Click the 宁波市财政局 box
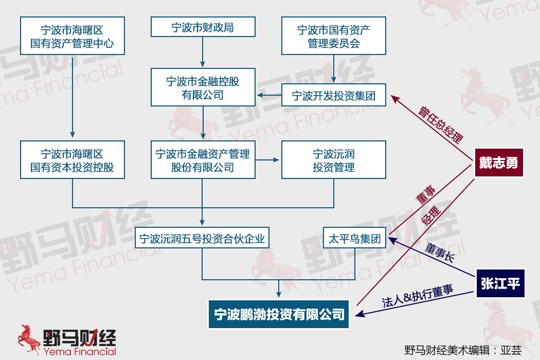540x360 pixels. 203,27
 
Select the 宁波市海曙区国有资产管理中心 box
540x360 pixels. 73,36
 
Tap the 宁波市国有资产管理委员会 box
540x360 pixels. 333,36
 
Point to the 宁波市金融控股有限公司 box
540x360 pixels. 203,87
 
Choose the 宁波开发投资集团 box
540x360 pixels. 333,95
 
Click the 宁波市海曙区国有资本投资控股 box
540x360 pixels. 73,160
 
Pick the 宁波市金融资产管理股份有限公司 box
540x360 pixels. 203,160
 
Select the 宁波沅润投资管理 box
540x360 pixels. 333,160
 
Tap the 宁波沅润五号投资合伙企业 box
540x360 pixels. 202,238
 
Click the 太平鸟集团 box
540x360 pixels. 355,238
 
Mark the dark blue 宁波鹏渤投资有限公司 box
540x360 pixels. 279,314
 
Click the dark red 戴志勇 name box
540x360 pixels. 499,163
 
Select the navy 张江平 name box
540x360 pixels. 500,283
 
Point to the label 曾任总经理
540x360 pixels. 441,124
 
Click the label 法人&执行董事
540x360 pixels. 418,296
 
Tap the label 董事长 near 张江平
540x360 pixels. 440,252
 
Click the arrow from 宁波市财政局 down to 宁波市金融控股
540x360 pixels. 203,52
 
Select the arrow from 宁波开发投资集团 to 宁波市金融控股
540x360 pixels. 269,95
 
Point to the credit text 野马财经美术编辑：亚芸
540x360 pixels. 463,350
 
